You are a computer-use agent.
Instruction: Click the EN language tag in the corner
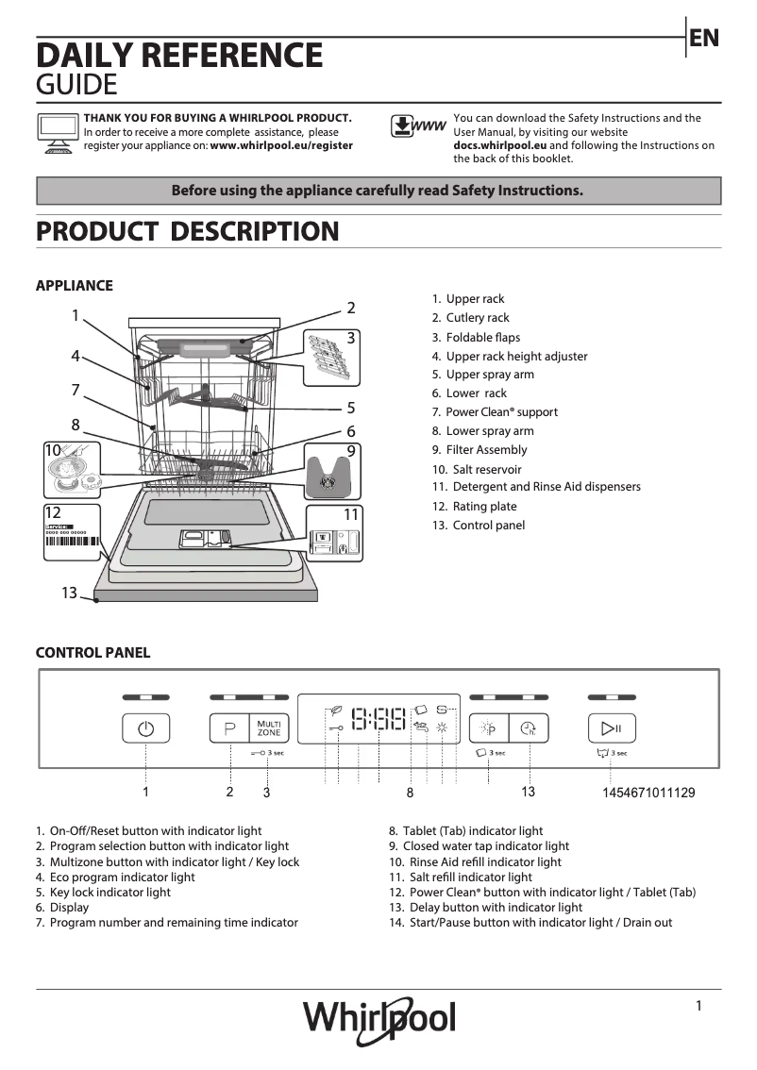(x=704, y=38)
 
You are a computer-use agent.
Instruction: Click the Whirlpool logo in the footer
(x=378, y=1020)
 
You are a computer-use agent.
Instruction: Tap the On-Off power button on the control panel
(x=145, y=728)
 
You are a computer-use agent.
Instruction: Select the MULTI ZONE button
(x=269, y=728)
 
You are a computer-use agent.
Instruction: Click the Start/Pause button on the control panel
(x=612, y=728)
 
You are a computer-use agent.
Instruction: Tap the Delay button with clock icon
(x=529, y=728)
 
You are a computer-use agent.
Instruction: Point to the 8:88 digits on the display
(x=378, y=721)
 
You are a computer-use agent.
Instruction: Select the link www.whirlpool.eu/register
(x=281, y=146)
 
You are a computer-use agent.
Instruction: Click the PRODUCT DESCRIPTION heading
(x=187, y=231)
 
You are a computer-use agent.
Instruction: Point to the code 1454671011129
(x=648, y=793)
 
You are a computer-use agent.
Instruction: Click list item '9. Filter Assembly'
(x=479, y=450)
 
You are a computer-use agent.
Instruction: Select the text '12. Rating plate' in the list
(x=474, y=507)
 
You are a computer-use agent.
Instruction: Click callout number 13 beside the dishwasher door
(x=69, y=593)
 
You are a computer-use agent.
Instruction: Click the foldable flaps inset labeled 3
(x=331, y=357)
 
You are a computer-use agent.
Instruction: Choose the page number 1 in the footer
(x=698, y=1006)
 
